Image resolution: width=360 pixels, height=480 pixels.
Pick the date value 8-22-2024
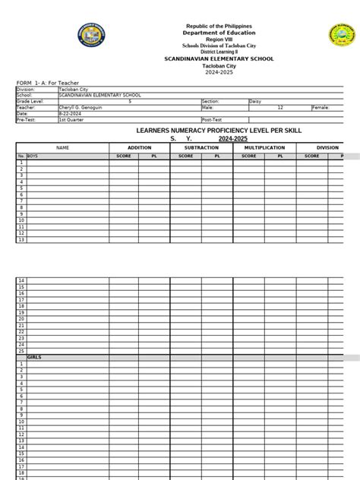pos(71,113)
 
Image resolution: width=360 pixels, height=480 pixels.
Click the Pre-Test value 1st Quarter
pos(72,119)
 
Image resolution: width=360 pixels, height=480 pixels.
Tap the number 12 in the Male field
pos(280,107)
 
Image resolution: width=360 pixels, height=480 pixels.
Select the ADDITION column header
pos(139,147)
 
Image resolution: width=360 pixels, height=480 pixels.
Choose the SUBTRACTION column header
pos(201,147)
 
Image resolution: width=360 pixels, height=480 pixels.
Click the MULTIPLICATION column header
pos(264,147)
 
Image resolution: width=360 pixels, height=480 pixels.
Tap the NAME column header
pos(62,147)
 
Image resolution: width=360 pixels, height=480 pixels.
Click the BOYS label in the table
pos(34,156)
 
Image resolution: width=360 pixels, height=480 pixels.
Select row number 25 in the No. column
pos(21,351)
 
